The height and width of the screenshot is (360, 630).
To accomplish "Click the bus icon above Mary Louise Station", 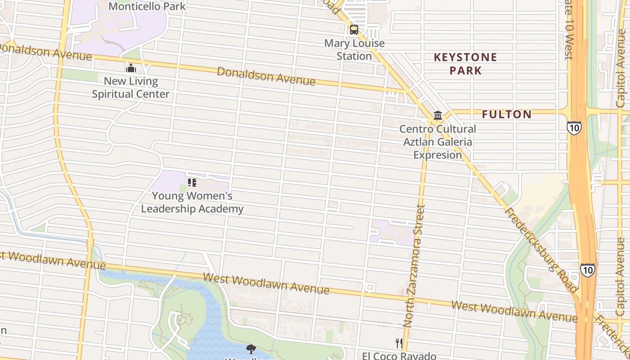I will click(354, 30).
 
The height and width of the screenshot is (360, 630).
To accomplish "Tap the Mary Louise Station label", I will click(355, 50).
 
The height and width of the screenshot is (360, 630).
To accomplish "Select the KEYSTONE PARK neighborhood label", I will click(465, 63).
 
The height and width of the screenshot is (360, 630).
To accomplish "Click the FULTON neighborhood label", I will click(507, 114).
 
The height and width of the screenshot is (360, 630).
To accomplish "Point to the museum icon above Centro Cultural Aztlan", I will click(438, 116).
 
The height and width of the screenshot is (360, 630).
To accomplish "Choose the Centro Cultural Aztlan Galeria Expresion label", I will click(438, 142).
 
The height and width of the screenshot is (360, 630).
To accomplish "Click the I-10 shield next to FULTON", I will click(574, 128).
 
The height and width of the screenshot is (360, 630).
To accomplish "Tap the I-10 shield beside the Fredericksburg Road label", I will click(587, 270).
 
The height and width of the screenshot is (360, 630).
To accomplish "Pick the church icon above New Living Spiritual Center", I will click(131, 68).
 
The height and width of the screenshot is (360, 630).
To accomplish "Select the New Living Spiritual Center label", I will click(131, 88).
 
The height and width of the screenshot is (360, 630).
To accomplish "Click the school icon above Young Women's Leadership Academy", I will click(192, 183).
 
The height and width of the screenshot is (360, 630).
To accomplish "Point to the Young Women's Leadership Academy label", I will click(192, 202).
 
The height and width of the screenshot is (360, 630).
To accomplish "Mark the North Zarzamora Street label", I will click(414, 265).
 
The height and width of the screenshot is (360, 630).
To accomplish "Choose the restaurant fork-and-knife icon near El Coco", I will click(399, 343).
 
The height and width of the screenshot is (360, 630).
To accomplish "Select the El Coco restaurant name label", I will click(399, 355).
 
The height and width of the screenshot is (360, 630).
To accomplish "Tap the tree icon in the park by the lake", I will click(251, 349).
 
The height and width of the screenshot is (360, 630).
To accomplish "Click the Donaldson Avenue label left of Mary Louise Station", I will click(266, 76).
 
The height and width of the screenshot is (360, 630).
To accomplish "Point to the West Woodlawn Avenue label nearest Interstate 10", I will click(514, 312).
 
